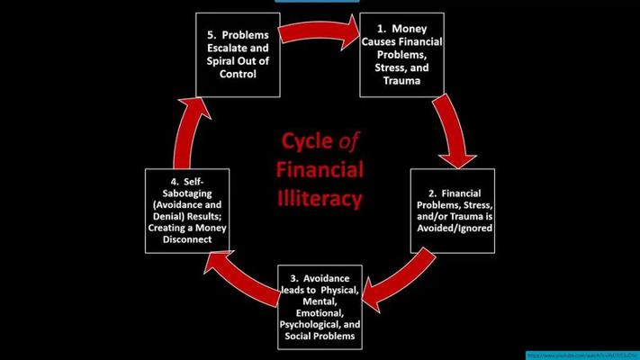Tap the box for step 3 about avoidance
(x=320, y=308)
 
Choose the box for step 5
(x=237, y=56)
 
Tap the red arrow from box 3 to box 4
(x=236, y=278)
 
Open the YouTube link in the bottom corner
(x=581, y=355)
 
